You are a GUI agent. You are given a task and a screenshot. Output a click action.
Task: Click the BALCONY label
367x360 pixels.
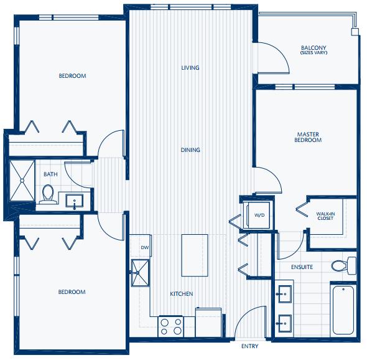coord(314,48)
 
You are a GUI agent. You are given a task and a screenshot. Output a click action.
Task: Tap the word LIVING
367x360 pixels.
coord(190,68)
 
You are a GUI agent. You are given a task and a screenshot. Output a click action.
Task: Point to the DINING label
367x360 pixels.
coord(190,149)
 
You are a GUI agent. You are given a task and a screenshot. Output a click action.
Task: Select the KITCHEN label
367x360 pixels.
coord(182,294)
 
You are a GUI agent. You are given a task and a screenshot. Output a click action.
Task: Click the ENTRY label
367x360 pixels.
coord(249,346)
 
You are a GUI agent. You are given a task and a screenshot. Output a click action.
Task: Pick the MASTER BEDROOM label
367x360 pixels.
coord(308,137)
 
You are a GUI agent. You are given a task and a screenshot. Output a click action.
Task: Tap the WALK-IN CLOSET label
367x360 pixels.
coord(325,216)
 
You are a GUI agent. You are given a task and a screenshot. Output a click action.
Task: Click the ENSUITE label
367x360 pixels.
coord(302,267)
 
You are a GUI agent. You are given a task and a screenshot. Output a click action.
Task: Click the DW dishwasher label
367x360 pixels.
coord(145,247)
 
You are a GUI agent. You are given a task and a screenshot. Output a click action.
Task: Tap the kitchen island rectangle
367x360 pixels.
coord(195,255)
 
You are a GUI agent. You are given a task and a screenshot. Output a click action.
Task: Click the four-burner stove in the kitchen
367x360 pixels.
coord(170,326)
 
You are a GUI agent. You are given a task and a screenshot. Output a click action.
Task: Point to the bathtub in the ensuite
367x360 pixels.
coord(343,310)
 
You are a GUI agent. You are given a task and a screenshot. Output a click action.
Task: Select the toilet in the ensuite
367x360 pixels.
coord(344,265)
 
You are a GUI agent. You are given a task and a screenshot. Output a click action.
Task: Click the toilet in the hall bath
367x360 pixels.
coord(48,194)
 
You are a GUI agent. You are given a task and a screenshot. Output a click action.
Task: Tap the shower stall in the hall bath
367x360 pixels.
coord(22,181)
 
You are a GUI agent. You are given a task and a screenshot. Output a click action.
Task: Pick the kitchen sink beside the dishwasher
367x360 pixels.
coord(140,273)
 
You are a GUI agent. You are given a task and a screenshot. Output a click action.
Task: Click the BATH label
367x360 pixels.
coord(50,174)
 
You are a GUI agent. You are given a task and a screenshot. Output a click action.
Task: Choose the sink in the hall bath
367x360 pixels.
coord(75,201)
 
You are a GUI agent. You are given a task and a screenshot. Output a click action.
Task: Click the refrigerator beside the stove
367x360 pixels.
coord(208,323)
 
